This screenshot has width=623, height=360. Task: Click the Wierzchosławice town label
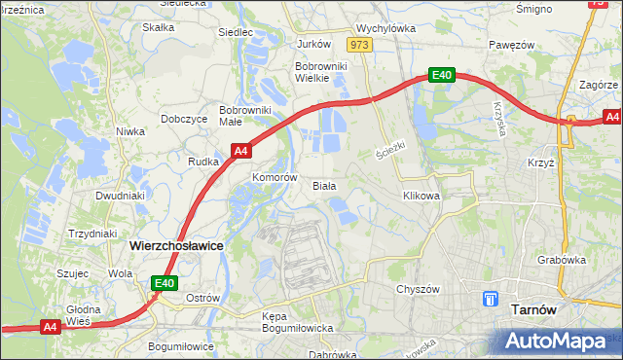click(176, 246)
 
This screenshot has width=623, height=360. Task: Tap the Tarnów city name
click(532, 309)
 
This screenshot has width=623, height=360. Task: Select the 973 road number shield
click(359, 45)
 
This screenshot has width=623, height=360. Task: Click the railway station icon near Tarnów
click(492, 300)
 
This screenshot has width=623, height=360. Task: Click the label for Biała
click(324, 185)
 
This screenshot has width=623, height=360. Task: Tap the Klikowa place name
click(421, 196)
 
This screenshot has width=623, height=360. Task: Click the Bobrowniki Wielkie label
click(316, 73)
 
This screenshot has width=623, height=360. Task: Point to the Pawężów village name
click(513, 45)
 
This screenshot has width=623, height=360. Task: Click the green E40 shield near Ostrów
click(164, 283)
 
